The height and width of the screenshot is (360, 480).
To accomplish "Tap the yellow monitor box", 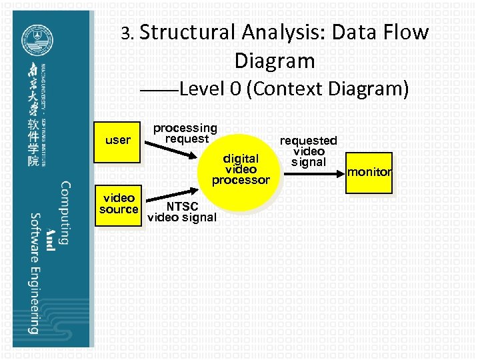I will [x=369, y=172].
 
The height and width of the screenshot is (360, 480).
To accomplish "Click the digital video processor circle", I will [x=241, y=169].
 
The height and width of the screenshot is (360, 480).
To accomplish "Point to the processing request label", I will [x=185, y=133].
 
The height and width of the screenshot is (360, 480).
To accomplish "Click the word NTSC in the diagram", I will [x=182, y=206].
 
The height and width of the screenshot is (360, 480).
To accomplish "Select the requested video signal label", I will [x=308, y=151].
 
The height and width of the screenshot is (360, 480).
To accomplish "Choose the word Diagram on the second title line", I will [x=274, y=61].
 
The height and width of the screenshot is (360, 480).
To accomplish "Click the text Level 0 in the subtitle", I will [x=210, y=89].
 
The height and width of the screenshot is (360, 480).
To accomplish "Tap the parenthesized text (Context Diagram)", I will [x=327, y=89].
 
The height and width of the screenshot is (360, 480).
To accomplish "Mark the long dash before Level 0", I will [x=163, y=91].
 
